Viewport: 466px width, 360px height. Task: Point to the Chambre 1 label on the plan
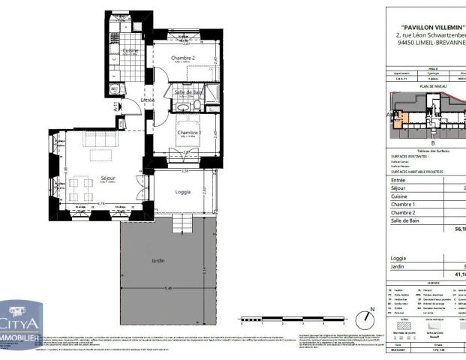(x=187, y=133)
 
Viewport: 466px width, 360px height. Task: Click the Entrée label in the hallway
(x=148, y=100)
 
